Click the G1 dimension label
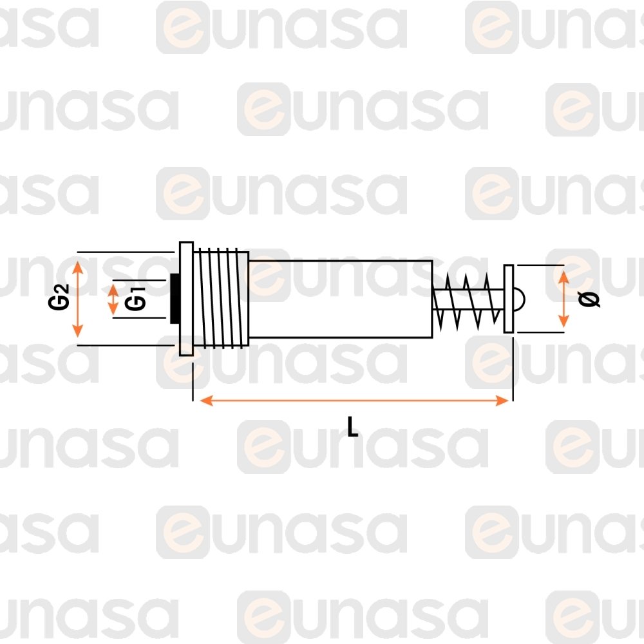click(x=135, y=298)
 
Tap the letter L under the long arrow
click(x=352, y=427)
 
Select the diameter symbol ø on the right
click(x=589, y=299)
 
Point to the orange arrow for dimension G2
click(x=78, y=298)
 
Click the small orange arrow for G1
click(x=113, y=299)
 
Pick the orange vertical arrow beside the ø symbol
click(x=563, y=299)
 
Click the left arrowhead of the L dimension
click(x=206, y=401)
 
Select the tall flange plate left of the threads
click(x=187, y=299)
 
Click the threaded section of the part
click(x=221, y=299)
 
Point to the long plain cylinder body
click(x=341, y=299)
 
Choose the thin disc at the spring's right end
click(x=509, y=299)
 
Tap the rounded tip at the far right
click(x=519, y=299)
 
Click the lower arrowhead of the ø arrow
click(x=563, y=321)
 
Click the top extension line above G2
click(x=126, y=252)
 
